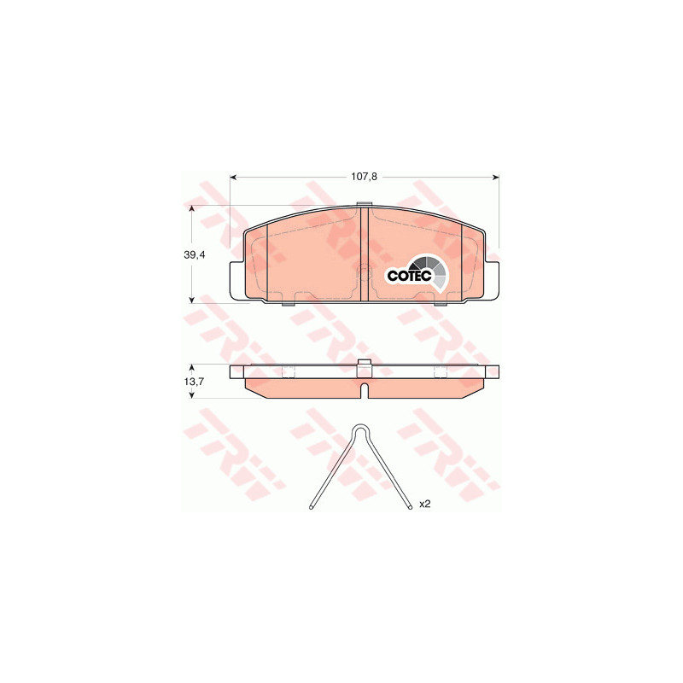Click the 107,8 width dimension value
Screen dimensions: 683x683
(364, 177)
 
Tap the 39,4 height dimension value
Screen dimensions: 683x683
(195, 255)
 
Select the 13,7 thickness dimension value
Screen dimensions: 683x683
(195, 381)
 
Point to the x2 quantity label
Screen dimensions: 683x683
(424, 504)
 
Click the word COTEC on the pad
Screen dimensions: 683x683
(409, 276)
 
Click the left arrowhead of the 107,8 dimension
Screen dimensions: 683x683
(233, 178)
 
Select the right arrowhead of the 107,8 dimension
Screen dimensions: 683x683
(496, 178)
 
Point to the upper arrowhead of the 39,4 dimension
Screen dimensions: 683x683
(191, 209)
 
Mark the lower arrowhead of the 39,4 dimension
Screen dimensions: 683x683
(191, 300)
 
